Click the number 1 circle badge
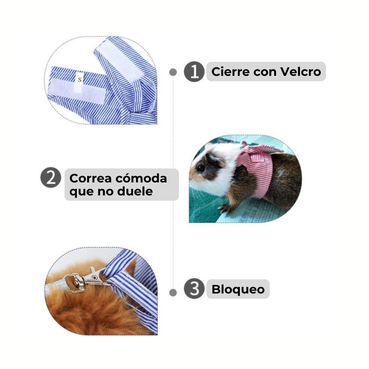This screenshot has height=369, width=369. click(x=194, y=71)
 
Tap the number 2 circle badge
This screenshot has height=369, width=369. click(x=51, y=177)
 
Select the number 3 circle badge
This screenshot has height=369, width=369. click(x=194, y=288)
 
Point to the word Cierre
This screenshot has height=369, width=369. click(x=231, y=71)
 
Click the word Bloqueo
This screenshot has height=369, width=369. click(x=238, y=289)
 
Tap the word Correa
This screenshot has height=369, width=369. click(x=91, y=178)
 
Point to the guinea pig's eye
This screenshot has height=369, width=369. click(x=201, y=168)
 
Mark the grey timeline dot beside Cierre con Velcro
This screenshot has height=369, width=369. click(x=173, y=72)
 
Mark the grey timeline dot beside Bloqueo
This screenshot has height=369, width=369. click(x=173, y=292)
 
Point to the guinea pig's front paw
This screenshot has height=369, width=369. click(x=225, y=208)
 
